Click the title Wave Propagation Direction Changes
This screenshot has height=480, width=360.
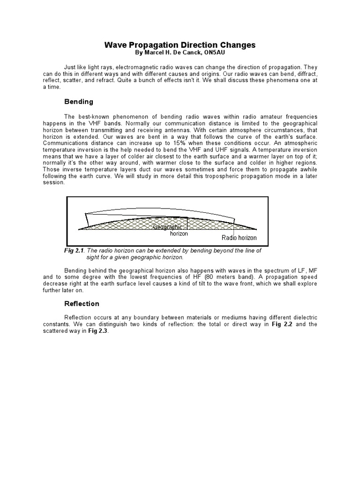point(180,45)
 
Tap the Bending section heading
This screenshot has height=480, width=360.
point(78,102)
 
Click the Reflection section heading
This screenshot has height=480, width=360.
point(82,303)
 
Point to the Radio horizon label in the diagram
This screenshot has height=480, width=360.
point(239,238)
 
